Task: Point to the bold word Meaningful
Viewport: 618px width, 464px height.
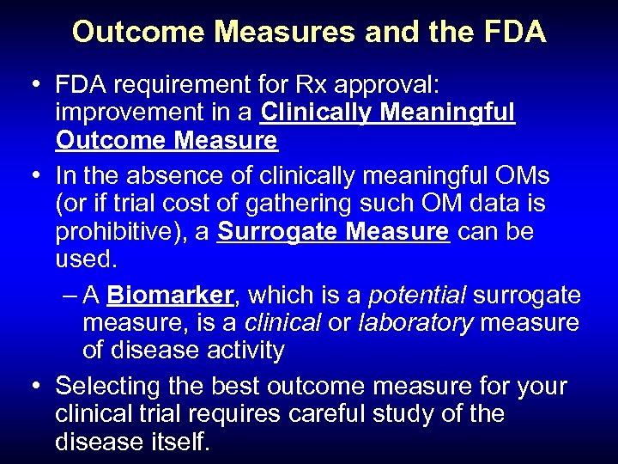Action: [452, 113]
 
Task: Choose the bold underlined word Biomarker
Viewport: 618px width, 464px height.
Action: [171, 295]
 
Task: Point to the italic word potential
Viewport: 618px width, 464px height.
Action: [417, 295]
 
